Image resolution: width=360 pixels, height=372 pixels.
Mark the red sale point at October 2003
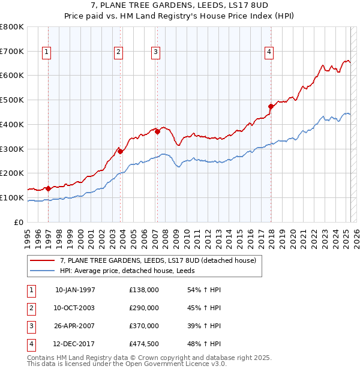(x=120, y=151)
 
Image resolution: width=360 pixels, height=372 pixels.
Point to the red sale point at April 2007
(x=157, y=132)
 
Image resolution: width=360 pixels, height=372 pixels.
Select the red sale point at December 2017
(x=271, y=106)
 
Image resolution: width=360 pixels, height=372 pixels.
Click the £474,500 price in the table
(x=144, y=344)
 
